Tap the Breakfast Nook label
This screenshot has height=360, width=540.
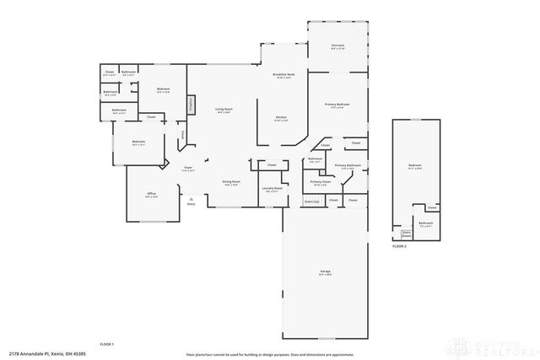[283, 75]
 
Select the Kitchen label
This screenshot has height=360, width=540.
[282, 118]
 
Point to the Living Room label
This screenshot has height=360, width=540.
[224, 110]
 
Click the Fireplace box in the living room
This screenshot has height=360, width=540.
[192, 105]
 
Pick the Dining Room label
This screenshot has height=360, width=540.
[231, 182]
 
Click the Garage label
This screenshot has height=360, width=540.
[325, 271]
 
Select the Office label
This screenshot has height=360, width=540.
[152, 195]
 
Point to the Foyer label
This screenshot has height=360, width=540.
[189, 168]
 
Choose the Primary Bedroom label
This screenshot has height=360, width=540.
[337, 105]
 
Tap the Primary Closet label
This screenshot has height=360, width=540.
[320, 182]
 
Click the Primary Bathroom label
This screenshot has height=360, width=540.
[348, 165]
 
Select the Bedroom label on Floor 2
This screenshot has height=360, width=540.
[414, 165]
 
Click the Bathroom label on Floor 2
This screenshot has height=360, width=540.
[426, 223]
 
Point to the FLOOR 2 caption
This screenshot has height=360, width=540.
[399, 247]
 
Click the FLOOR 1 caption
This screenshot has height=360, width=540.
[106, 345]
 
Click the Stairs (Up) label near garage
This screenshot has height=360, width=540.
[311, 201]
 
